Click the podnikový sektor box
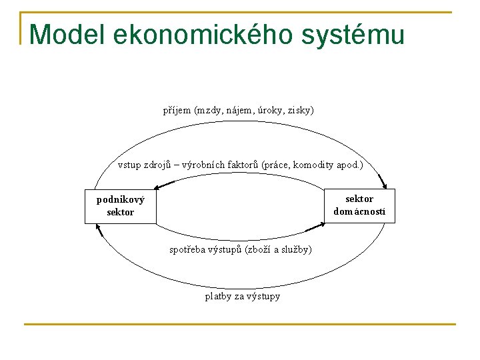(121, 206)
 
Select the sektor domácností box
(360, 205)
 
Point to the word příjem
(177, 110)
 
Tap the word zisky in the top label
(301, 110)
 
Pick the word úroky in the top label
(272, 110)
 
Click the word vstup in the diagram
(130, 165)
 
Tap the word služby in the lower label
(295, 249)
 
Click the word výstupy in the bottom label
(264, 296)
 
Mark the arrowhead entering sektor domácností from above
(383, 183)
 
